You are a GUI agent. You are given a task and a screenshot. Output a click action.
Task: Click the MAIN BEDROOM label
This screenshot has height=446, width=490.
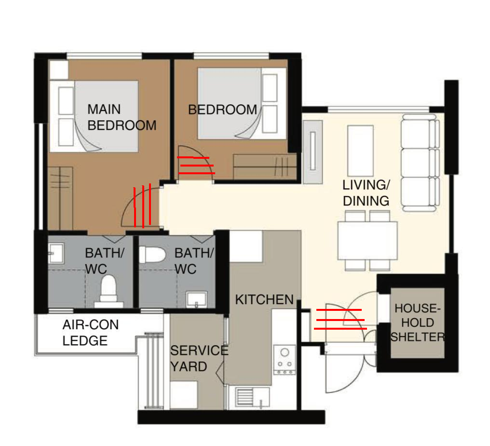[122, 117]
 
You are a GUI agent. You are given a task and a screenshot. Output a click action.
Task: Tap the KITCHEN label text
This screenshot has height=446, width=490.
[264, 300]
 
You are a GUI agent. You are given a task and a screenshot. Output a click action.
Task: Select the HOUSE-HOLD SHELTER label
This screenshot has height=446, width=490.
[418, 322]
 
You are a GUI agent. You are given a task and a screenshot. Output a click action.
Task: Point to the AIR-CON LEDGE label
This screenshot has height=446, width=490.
[91, 333]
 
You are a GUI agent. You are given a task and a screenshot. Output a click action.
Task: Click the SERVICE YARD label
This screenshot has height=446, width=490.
[199, 359]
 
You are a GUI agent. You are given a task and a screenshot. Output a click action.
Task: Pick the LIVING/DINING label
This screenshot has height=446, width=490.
[366, 193]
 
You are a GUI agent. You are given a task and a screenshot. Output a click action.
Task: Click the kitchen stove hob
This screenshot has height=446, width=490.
[285, 360]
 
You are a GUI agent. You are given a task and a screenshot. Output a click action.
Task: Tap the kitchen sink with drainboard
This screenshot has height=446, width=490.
[253, 397]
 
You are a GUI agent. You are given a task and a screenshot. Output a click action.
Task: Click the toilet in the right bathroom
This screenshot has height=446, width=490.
[152, 255]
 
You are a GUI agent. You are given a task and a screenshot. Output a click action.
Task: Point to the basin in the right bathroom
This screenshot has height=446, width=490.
[196, 300]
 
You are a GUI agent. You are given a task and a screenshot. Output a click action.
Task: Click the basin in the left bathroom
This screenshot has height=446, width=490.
[56, 253]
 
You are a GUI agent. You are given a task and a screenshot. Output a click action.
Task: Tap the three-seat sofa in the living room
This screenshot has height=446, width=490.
[421, 163]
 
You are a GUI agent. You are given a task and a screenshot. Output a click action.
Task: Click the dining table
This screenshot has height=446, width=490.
[367, 240]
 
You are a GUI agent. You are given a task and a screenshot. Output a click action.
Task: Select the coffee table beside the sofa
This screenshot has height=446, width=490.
[360, 151]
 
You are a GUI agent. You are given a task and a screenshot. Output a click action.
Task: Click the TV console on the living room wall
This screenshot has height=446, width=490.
[313, 152]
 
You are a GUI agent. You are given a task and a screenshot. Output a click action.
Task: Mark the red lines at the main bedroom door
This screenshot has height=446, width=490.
[142, 206]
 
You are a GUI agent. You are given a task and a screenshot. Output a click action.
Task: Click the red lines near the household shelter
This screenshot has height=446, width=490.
[340, 320]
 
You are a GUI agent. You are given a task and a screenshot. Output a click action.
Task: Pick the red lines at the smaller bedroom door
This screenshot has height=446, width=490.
[196, 165]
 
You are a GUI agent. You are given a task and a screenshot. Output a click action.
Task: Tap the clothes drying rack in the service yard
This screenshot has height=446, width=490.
[154, 371]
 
